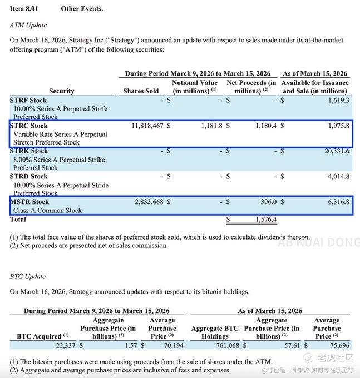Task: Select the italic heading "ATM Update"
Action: (28, 25)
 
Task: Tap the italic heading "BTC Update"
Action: (28, 276)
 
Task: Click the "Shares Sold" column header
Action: (141, 91)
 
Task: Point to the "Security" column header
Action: (61, 91)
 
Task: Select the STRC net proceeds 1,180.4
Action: (265, 126)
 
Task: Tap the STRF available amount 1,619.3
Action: (338, 100)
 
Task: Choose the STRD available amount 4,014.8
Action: (338, 177)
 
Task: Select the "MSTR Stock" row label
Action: (29, 202)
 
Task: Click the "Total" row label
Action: (18, 220)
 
